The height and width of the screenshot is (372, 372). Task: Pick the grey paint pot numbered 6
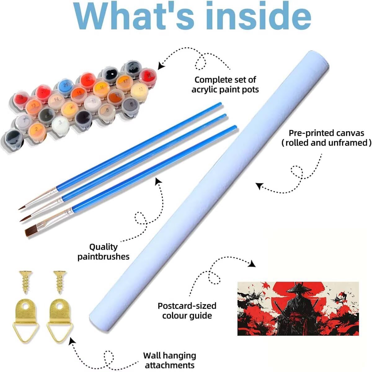coord(131,105)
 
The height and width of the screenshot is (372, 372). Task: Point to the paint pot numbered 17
coord(124,81)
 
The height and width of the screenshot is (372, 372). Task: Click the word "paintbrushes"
coord(103,257)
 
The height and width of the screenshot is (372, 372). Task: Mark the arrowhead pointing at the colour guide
coord(252,264)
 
